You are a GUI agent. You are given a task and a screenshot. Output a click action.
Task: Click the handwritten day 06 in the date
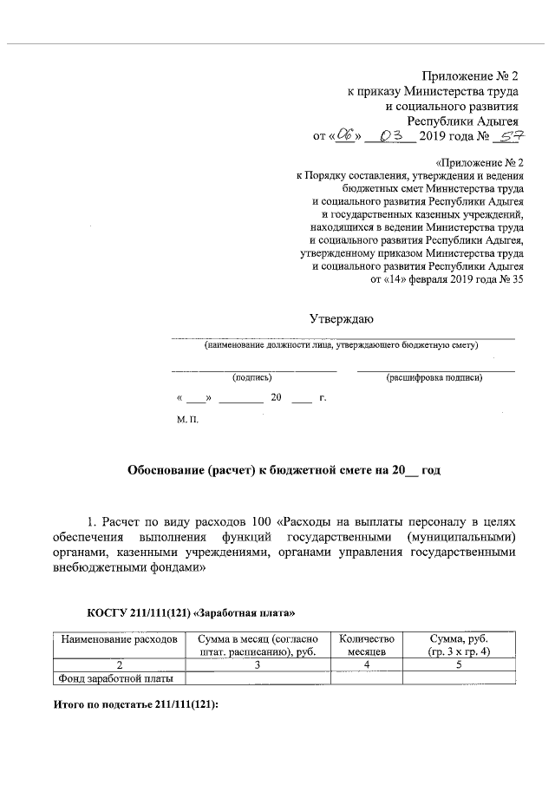346,135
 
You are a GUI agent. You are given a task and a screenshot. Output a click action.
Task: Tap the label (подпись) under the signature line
251,378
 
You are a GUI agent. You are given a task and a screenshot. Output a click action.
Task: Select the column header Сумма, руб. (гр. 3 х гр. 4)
460,644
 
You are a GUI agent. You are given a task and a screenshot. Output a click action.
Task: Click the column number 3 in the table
258,664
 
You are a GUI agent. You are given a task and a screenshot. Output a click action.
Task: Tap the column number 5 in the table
460,664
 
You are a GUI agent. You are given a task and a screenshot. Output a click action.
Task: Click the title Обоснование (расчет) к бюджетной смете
284,469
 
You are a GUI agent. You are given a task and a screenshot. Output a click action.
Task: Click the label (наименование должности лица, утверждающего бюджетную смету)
341,345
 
